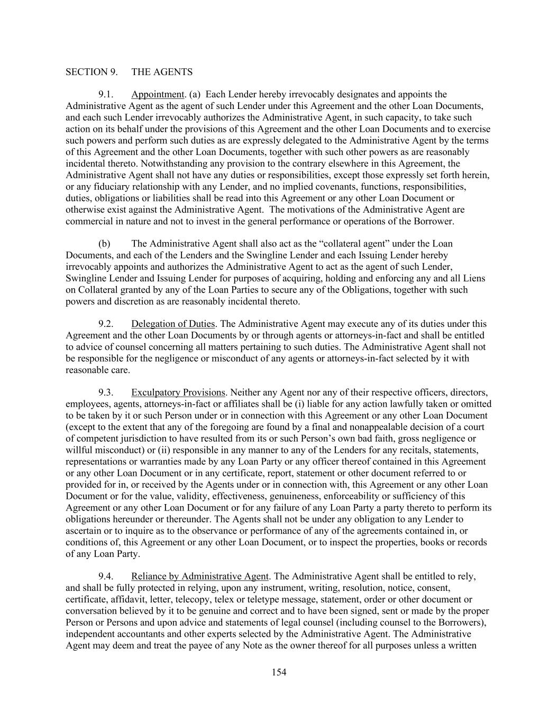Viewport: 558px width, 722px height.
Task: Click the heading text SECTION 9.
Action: click(x=92, y=72)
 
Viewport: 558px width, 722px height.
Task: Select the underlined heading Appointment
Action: click(x=157, y=95)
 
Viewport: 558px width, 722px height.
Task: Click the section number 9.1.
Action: click(x=106, y=95)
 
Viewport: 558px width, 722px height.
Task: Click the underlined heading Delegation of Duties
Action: click(x=173, y=324)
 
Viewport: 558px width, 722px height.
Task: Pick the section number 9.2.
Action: click(x=106, y=324)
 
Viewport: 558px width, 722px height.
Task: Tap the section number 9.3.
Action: click(x=106, y=392)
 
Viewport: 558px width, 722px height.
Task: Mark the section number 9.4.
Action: click(x=106, y=577)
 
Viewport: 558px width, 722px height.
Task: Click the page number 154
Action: click(x=279, y=672)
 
